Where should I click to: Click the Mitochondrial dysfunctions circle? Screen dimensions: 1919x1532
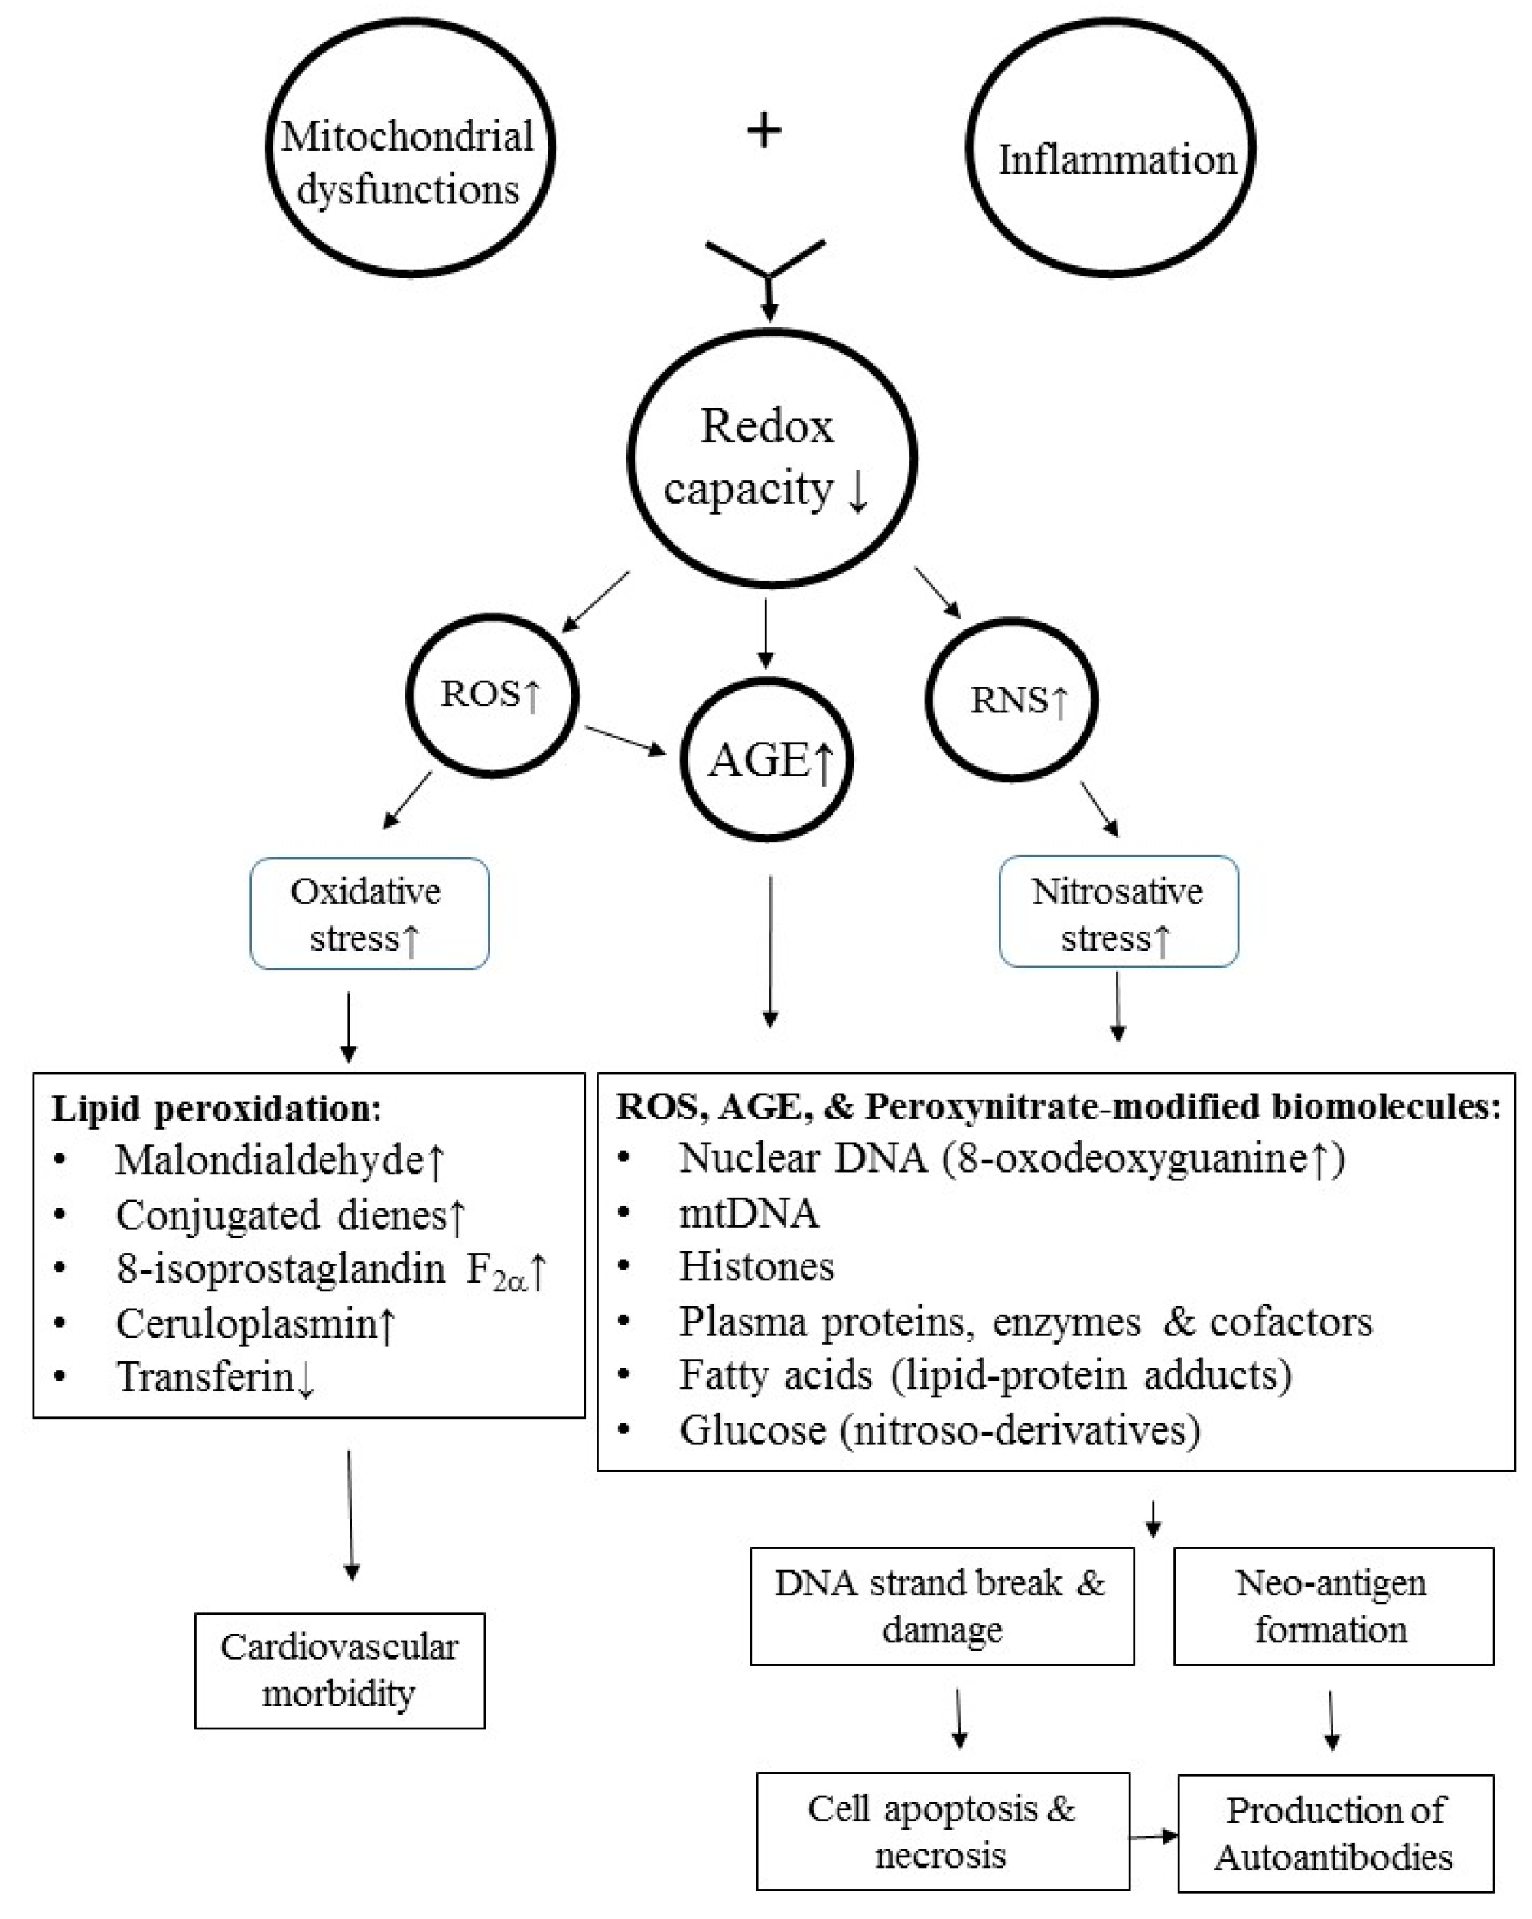point(409,148)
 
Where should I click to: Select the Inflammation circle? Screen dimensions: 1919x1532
point(1110,148)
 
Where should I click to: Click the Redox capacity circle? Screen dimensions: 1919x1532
point(772,458)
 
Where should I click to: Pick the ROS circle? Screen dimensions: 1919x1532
point(493,695)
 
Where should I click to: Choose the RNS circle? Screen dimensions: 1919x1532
point(1011,700)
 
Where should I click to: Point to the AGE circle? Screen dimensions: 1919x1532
point(767,760)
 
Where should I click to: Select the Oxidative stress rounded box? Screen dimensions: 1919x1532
point(369,913)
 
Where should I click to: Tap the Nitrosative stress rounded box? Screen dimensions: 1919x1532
point(1118,912)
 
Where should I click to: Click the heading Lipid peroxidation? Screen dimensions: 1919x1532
point(216,1109)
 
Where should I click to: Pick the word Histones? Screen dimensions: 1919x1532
point(756,1267)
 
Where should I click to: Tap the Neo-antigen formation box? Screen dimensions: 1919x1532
point(1332,1607)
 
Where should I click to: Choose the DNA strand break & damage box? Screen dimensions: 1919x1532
point(941,1607)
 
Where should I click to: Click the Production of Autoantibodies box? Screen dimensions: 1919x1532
point(1335,1834)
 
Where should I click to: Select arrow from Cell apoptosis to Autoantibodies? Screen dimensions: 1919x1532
point(1153,1836)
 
